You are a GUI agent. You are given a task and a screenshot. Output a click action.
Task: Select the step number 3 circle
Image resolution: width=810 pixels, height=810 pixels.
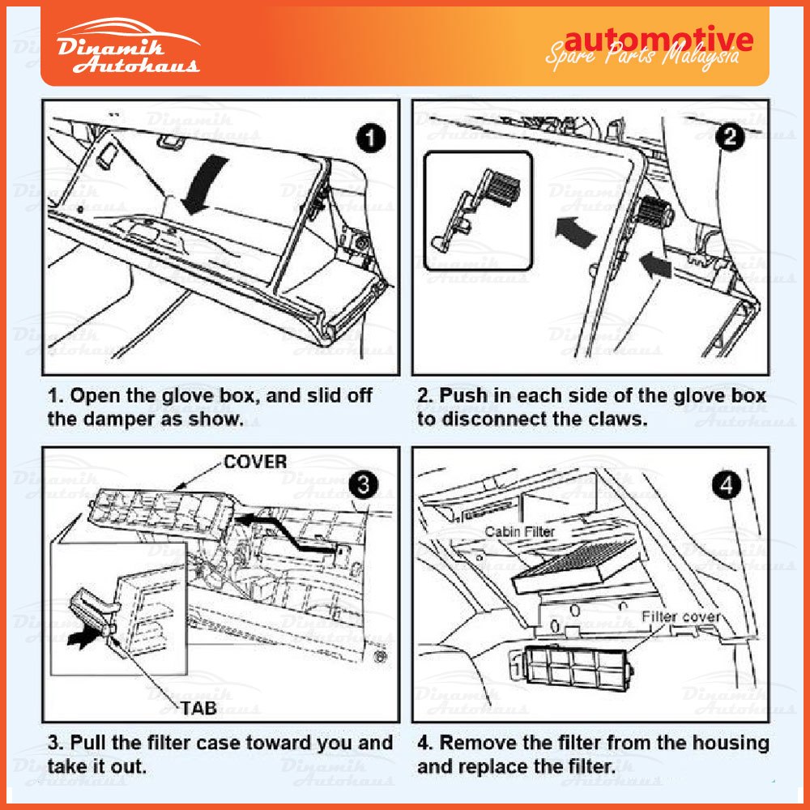tap(364, 485)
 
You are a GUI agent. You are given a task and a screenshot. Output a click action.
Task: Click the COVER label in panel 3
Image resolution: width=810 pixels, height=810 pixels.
tap(255, 462)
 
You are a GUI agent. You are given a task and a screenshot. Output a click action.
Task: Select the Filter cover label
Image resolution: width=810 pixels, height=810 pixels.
tap(680, 616)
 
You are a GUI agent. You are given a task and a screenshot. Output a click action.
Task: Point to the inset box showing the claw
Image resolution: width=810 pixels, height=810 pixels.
tap(478, 210)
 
